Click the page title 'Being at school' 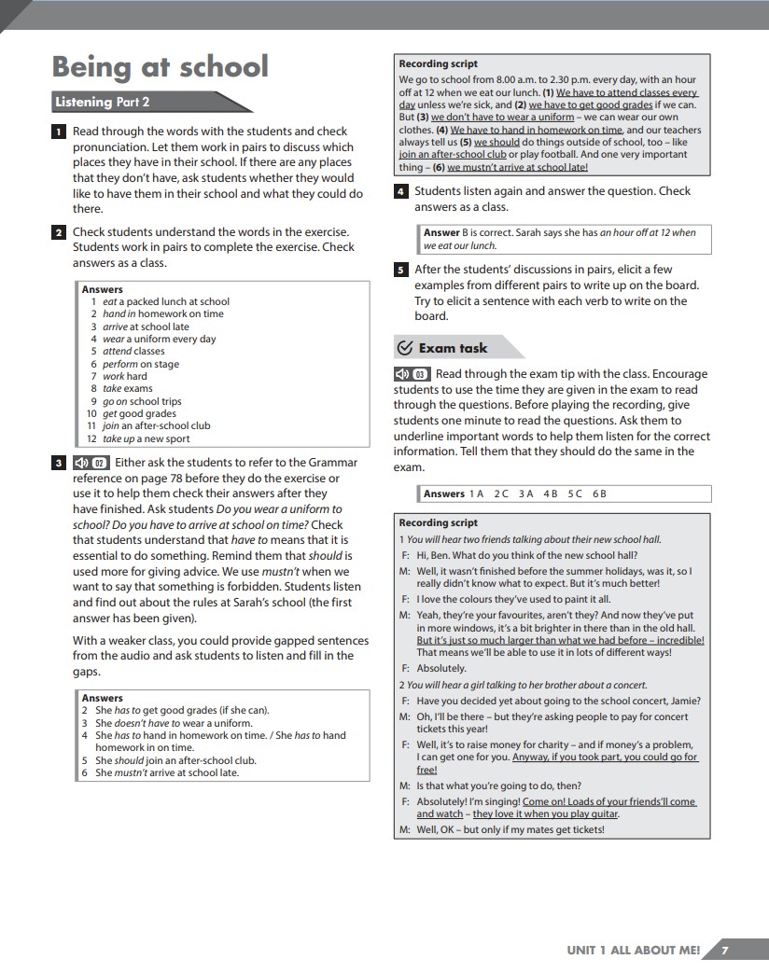(x=160, y=67)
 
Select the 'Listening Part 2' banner (x=103, y=102)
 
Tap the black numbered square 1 (x=59, y=132)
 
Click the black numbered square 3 (x=59, y=463)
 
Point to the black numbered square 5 (x=400, y=271)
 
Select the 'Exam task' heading (x=453, y=348)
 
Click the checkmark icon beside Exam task (x=405, y=348)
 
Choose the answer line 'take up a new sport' (x=146, y=438)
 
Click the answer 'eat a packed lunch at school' (x=165, y=301)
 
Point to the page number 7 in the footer (x=725, y=950)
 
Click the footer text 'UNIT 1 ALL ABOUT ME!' (x=633, y=950)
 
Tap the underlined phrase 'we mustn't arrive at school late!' (x=518, y=168)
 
